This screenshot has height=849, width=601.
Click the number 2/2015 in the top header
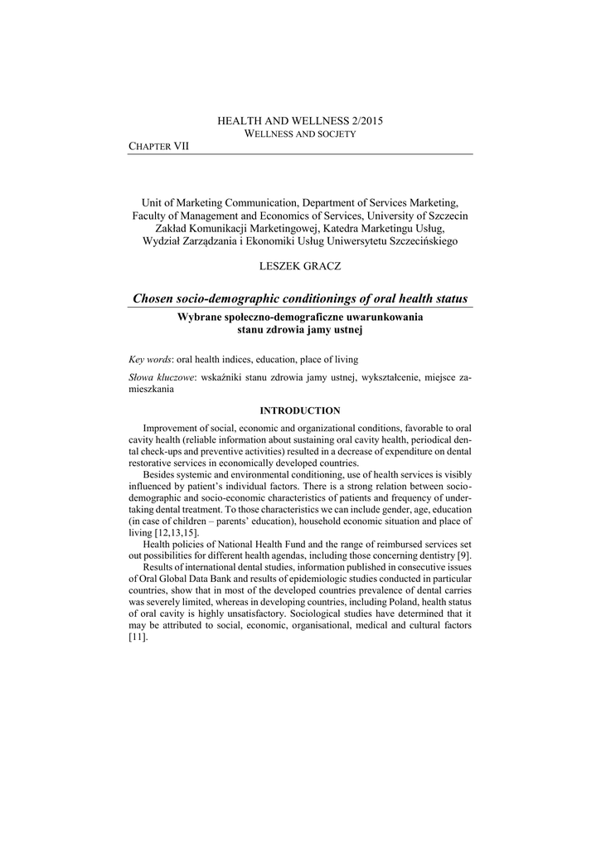point(365,121)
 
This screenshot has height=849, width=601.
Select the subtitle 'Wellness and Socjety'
point(300,133)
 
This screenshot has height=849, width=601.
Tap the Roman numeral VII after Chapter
point(181,146)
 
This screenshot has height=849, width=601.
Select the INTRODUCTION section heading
point(300,410)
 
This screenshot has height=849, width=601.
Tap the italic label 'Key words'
point(150,360)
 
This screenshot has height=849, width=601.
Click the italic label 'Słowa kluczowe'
point(161,377)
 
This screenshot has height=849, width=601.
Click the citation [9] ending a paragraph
point(464,555)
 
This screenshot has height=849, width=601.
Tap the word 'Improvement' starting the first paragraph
point(172,429)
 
